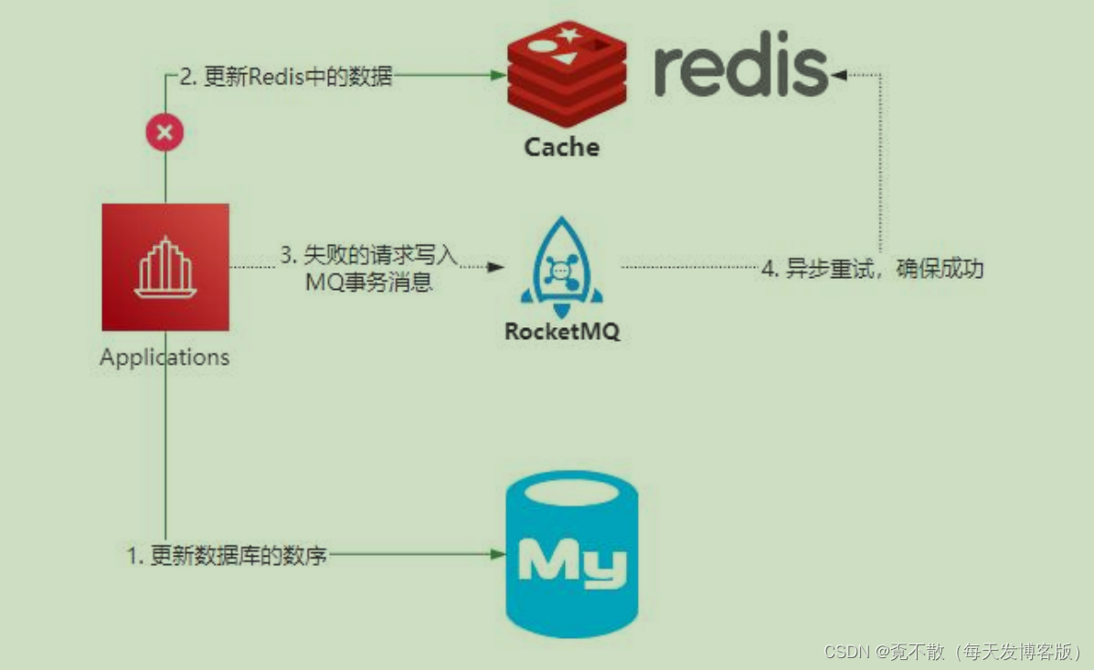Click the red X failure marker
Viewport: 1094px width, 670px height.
(165, 133)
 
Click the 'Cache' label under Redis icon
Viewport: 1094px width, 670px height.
(561, 147)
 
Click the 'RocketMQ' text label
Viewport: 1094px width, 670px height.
(562, 331)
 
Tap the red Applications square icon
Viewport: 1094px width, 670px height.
(165, 267)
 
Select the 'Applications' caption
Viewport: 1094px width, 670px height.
(165, 356)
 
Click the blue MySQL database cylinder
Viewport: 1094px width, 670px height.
(572, 554)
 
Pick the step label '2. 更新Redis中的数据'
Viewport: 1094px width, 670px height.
(285, 77)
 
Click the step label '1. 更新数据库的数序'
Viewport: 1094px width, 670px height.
(227, 555)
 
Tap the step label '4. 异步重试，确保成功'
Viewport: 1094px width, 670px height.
(872, 270)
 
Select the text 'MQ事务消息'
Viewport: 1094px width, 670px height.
(369, 282)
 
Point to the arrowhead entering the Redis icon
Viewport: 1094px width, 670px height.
(501, 77)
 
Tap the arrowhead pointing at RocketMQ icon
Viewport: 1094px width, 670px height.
(496, 267)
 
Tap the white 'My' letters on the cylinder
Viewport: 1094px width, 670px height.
(572, 560)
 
